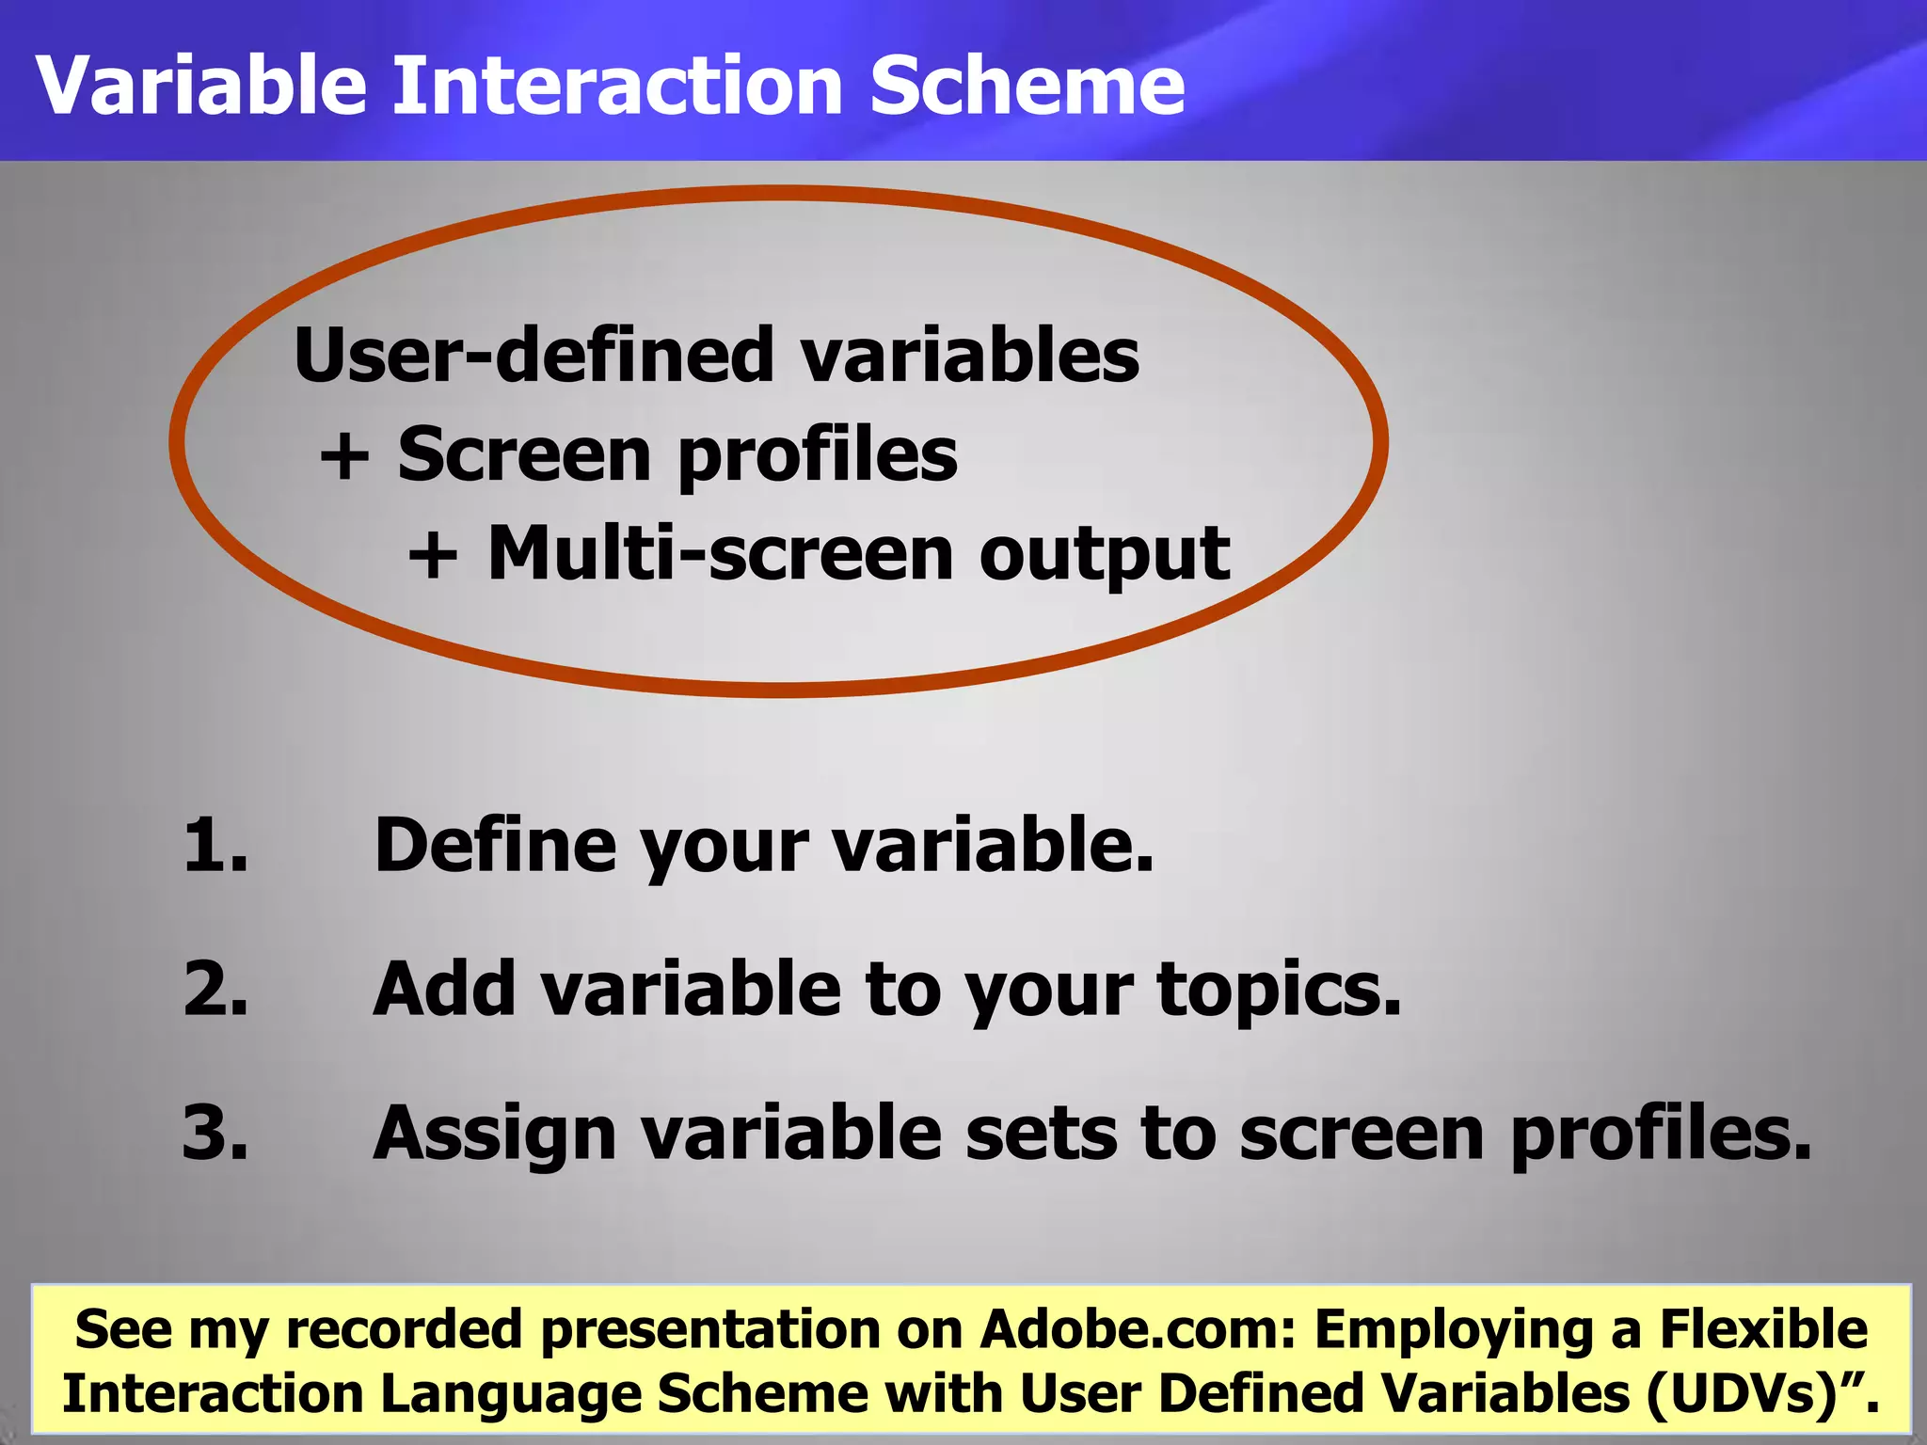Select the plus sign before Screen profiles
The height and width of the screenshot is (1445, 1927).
point(344,457)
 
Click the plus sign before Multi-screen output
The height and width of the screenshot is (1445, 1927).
point(434,555)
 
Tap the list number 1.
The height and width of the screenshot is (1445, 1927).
point(215,845)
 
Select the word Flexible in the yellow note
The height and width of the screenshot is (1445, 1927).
point(1763,1329)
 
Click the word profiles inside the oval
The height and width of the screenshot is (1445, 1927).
point(817,457)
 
